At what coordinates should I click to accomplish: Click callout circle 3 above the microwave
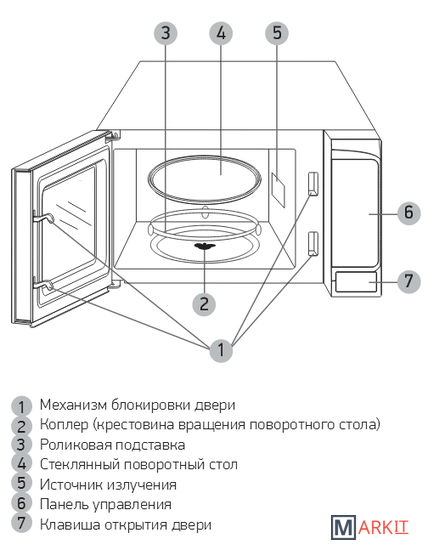[x=166, y=33]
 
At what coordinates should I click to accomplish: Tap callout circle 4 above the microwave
[x=221, y=33]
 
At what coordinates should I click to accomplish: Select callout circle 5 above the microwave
[x=277, y=33]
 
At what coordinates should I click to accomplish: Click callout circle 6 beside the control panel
[x=409, y=213]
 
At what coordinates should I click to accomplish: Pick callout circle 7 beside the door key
[x=409, y=281]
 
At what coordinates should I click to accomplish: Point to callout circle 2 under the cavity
[x=204, y=304]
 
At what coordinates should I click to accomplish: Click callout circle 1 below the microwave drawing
[x=221, y=350]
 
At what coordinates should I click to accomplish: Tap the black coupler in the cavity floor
[x=204, y=246]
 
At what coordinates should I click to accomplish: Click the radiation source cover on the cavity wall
[x=278, y=189]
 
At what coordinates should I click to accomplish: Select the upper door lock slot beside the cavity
[x=313, y=183]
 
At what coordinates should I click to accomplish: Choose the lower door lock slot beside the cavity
[x=313, y=243]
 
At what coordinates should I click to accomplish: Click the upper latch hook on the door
[x=43, y=218]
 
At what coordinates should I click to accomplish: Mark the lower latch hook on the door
[x=43, y=286]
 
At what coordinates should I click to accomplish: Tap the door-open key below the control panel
[x=356, y=282]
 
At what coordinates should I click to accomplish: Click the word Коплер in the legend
[x=64, y=425]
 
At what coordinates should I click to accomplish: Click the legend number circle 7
[x=22, y=523]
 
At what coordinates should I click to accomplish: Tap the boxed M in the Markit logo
[x=343, y=527]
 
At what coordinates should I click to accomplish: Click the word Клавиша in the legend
[x=70, y=525]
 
